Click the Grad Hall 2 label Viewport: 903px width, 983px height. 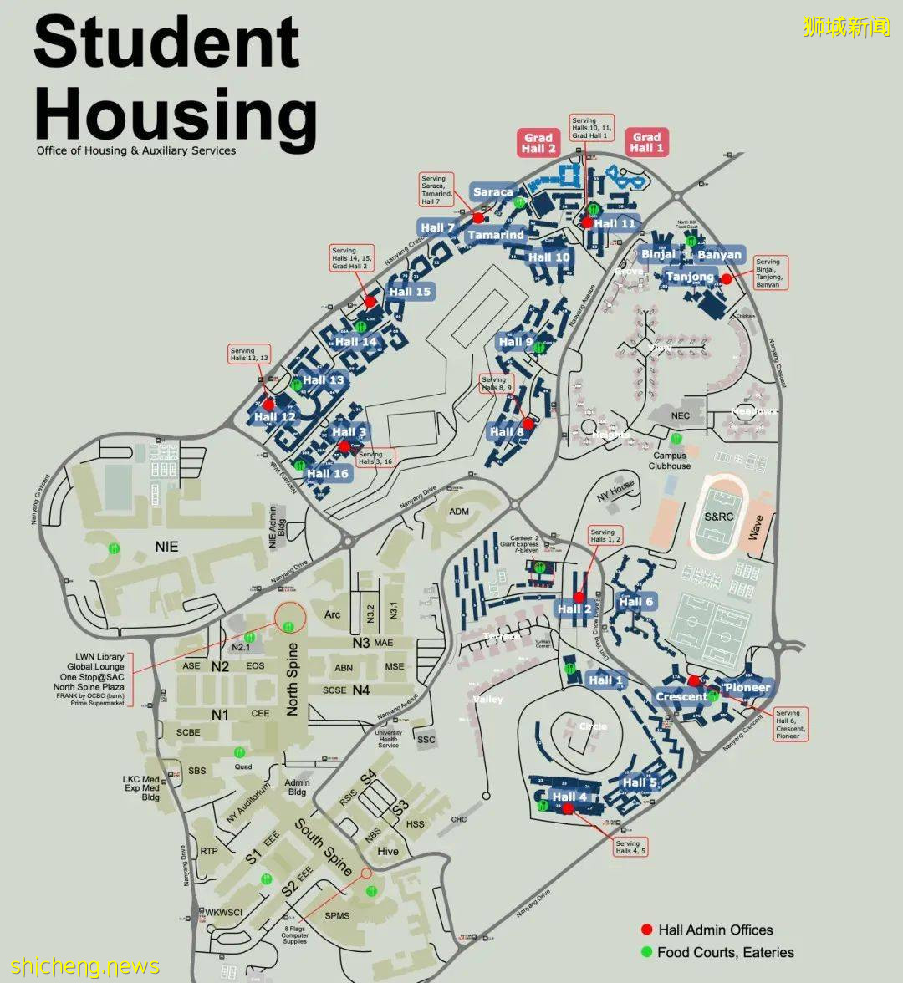tap(538, 143)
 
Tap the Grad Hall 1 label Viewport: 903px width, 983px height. tap(646, 143)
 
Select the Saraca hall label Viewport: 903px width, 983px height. tap(492, 192)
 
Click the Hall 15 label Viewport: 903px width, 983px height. tap(410, 291)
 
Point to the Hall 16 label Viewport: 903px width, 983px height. tap(327, 473)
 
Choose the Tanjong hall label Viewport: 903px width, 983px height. tap(690, 277)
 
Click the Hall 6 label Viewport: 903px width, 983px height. tap(636, 602)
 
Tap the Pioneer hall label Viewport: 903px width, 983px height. tap(747, 688)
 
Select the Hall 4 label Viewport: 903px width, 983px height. tap(569, 796)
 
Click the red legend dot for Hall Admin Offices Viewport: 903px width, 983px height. tap(646, 930)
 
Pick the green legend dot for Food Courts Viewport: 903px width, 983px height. tap(646, 952)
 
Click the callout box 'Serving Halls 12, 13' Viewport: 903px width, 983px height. tap(249, 354)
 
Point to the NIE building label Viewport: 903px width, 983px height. tap(166, 546)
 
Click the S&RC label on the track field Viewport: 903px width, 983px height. tap(718, 517)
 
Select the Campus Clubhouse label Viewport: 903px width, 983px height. tap(670, 461)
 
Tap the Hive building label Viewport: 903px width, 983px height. tap(388, 851)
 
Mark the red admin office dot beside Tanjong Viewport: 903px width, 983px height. tap(726, 278)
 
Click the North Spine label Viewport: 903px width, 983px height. tap(293, 679)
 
